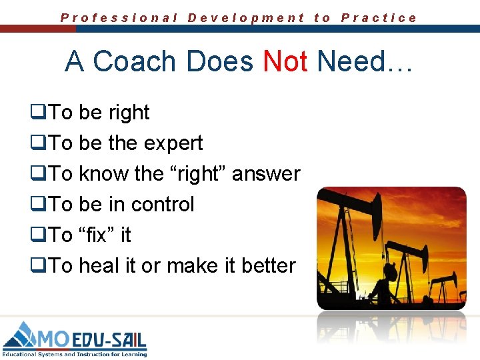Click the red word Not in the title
click(x=285, y=62)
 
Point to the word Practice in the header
click(x=379, y=18)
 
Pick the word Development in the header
click(x=246, y=18)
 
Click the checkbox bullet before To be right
click(x=37, y=113)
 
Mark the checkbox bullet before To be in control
click(x=37, y=205)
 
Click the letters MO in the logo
click(x=53, y=337)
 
